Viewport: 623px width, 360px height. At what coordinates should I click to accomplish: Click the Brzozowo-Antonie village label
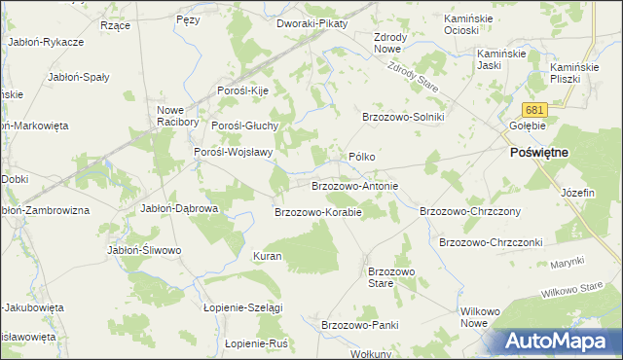354,185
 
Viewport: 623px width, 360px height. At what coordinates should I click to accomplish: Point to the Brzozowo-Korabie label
318,211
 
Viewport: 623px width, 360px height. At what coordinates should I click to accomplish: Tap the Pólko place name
362,157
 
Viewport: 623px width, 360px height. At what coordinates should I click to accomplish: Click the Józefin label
577,193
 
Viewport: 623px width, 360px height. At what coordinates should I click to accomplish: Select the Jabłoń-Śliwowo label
144,250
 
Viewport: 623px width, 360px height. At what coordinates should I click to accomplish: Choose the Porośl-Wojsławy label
233,152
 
